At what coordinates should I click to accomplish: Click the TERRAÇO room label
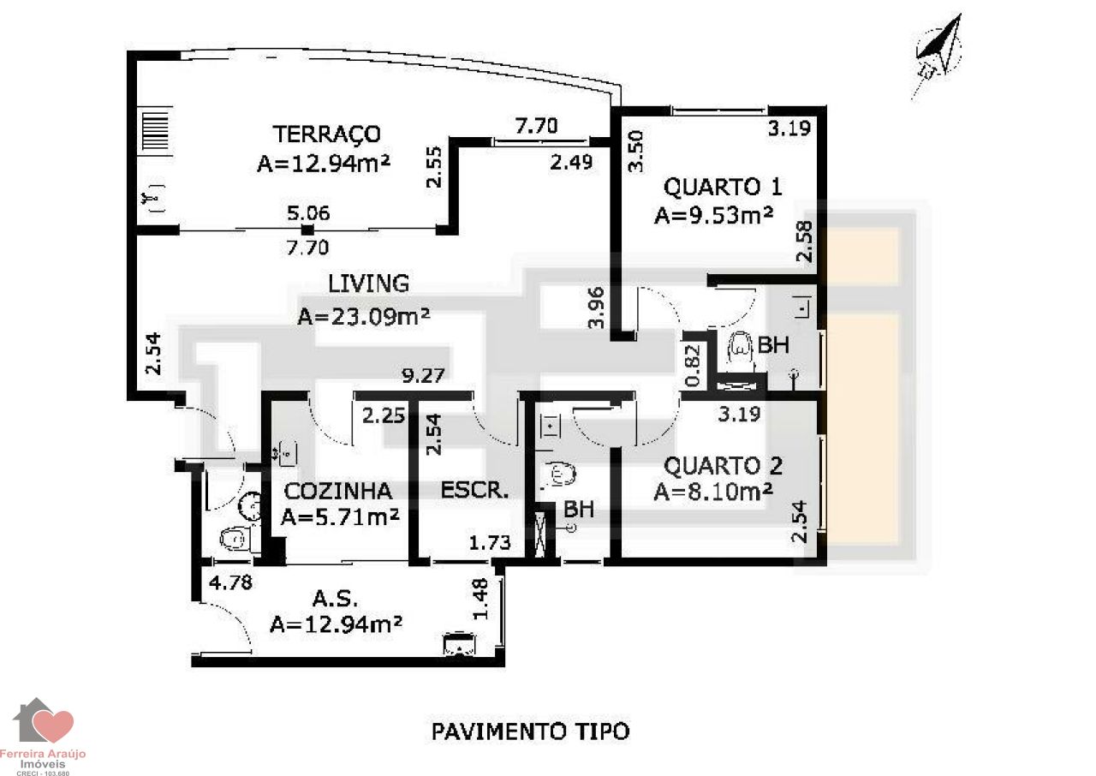pos(326,134)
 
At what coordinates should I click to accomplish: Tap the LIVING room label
pos(368,284)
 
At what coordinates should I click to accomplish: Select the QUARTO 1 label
pos(722,188)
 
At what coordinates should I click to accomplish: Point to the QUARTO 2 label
pos(723,466)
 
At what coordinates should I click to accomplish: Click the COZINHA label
pos(338,492)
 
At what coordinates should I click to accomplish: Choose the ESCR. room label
pos(474,490)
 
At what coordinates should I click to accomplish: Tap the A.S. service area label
pos(335,598)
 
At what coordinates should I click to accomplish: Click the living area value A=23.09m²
pos(364,316)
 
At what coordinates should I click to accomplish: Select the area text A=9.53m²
pos(713,215)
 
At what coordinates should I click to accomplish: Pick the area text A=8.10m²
pos(713,492)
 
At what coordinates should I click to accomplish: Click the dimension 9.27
pos(423,375)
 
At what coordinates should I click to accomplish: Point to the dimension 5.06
pos(308,213)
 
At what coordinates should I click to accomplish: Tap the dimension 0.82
pos(694,366)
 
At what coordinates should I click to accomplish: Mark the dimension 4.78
pos(230,582)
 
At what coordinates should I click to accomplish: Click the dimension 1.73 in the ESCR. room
pos(490,543)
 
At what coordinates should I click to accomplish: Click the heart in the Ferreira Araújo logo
pos(55,726)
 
